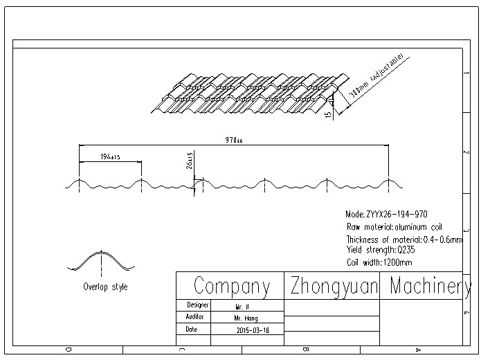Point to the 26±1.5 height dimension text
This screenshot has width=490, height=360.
click(x=190, y=161)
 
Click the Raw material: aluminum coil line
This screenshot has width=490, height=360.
click(x=394, y=227)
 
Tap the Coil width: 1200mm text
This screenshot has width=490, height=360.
click(x=379, y=262)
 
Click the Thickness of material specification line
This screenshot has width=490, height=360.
click(x=404, y=239)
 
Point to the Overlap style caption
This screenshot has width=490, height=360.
click(x=105, y=287)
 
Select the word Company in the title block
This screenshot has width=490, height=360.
click(x=231, y=286)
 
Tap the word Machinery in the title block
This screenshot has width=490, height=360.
click(x=430, y=286)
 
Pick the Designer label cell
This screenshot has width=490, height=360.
click(x=198, y=305)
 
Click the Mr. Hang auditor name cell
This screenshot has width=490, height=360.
click(x=246, y=318)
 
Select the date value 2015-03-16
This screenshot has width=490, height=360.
click(x=252, y=330)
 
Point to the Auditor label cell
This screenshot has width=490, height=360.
click(x=197, y=317)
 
